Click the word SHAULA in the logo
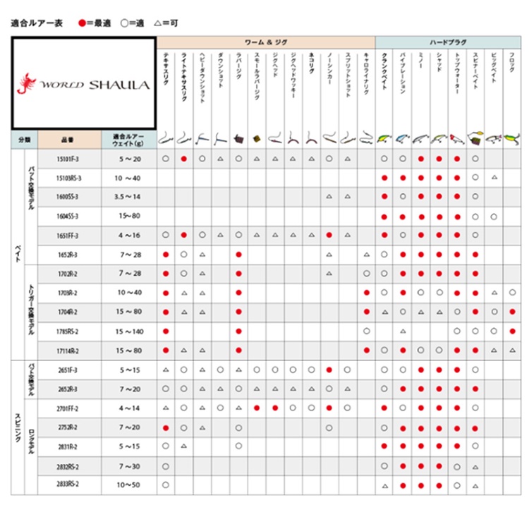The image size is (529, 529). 118,85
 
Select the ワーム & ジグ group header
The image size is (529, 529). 265,42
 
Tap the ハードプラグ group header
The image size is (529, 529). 447,42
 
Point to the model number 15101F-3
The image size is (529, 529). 68,159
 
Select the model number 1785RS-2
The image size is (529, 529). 68,331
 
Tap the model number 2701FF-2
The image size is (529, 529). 68,408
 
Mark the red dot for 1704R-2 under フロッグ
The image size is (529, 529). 512,312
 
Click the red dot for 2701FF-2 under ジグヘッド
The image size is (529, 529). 275,408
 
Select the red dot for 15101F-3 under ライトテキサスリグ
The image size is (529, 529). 184,159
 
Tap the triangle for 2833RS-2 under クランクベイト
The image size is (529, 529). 384,485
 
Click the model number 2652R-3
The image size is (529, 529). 68,389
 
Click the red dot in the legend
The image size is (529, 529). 82,23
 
